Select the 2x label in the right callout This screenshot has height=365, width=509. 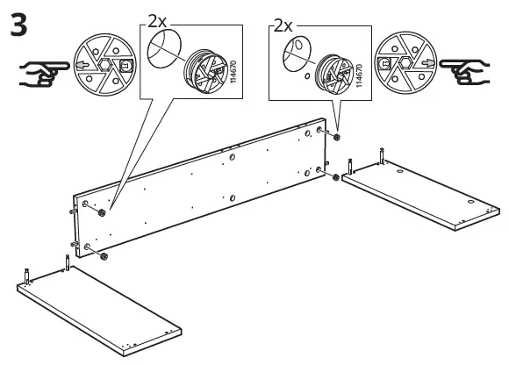tap(283, 26)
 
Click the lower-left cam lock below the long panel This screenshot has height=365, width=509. tap(104, 256)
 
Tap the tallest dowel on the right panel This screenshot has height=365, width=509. tap(383, 157)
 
